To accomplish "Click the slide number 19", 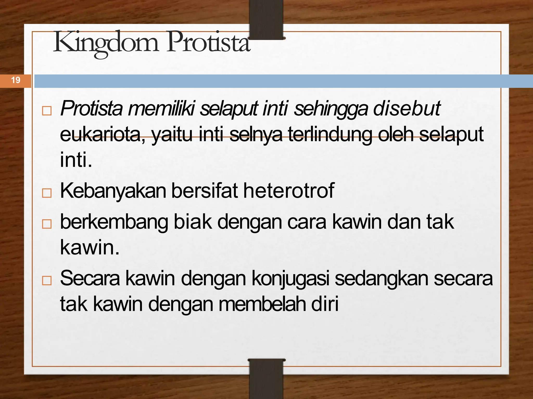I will pos(16,80).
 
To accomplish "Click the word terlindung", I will pos(330,134).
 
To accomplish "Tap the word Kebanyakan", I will pos(113,191).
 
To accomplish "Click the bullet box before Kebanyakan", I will pos(47,193).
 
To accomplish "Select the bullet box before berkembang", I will pos(47,224).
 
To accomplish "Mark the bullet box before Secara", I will pos(47,281).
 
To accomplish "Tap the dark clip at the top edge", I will pos(266,19).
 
